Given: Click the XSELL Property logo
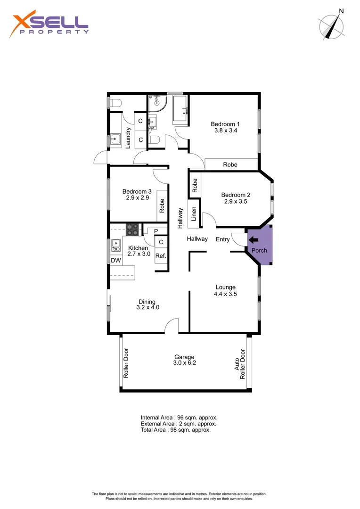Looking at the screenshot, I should [x=49, y=25].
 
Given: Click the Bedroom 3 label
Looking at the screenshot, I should [x=137, y=191].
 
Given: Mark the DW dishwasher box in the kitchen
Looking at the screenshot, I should [x=115, y=260].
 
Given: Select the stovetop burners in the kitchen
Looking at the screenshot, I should [x=132, y=229].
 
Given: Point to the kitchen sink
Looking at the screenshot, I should [x=115, y=245].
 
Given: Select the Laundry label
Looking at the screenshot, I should [x=128, y=137].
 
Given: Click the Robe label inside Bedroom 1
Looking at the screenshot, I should [x=230, y=164].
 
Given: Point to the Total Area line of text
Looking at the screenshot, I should [x=175, y=430].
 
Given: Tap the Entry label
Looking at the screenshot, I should [x=222, y=239].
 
